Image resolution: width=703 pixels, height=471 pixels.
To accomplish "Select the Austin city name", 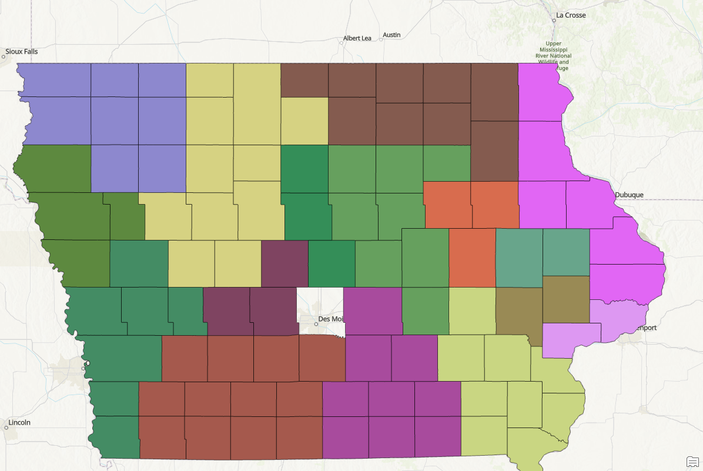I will point(391,35).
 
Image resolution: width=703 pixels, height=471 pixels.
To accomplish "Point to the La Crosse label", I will point(571,15).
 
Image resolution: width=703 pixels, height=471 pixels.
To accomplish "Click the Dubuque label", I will point(629,195).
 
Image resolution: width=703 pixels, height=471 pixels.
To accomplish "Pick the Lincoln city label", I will point(19,422).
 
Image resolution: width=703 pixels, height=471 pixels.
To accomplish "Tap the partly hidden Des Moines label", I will point(329,319).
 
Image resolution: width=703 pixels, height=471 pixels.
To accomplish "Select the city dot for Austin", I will point(381,39).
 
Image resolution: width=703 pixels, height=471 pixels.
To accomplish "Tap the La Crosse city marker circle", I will point(554,20).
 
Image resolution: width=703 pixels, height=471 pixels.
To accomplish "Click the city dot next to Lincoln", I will point(6,427).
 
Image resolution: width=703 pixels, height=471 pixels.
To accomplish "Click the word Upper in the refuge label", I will point(553,44).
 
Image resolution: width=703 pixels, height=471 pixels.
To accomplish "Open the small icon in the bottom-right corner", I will point(692,460).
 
